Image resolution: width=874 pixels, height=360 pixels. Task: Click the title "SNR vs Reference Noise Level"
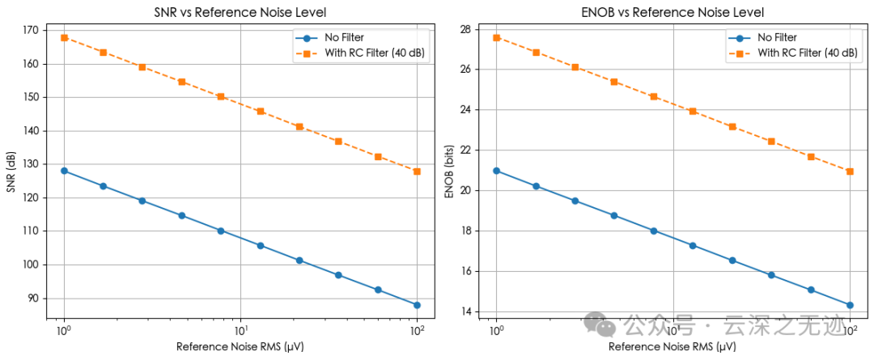[x=240, y=13]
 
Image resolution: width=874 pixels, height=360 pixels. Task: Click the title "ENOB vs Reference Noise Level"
[x=672, y=13]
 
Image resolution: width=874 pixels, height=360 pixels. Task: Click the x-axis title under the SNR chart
[x=240, y=346]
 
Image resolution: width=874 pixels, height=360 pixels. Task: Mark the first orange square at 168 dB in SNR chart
[x=64, y=37]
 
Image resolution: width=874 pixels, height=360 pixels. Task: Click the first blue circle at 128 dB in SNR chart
[x=64, y=171]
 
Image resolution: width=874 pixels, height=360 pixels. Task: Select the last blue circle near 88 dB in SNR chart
[x=417, y=305]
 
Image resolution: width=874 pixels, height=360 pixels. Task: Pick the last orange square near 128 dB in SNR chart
[x=417, y=172]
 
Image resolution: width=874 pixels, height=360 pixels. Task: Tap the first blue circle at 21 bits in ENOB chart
[x=496, y=171]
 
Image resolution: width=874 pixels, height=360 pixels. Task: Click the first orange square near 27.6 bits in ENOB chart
[x=496, y=37]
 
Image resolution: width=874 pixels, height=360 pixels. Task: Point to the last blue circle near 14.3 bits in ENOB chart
[x=850, y=305]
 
